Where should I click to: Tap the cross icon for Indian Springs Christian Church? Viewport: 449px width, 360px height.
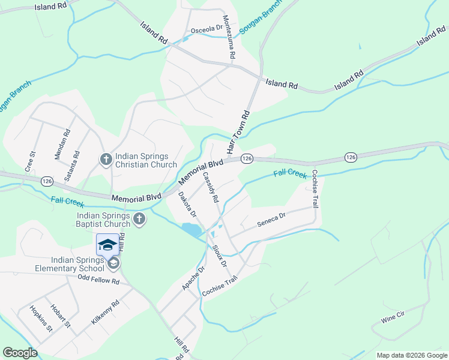[106, 159]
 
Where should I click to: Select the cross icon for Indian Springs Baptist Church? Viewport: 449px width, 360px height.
[139, 219]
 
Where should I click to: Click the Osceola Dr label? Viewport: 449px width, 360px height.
[206, 29]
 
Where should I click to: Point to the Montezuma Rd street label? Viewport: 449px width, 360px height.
[228, 37]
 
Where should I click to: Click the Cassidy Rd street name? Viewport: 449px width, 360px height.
[211, 186]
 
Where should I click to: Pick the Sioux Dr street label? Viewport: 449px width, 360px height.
[219, 255]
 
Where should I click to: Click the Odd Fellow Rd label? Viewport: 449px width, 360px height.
[99, 280]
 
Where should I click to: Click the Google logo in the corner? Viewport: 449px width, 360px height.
[20, 353]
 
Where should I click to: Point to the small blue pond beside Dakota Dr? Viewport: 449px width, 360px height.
[191, 229]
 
